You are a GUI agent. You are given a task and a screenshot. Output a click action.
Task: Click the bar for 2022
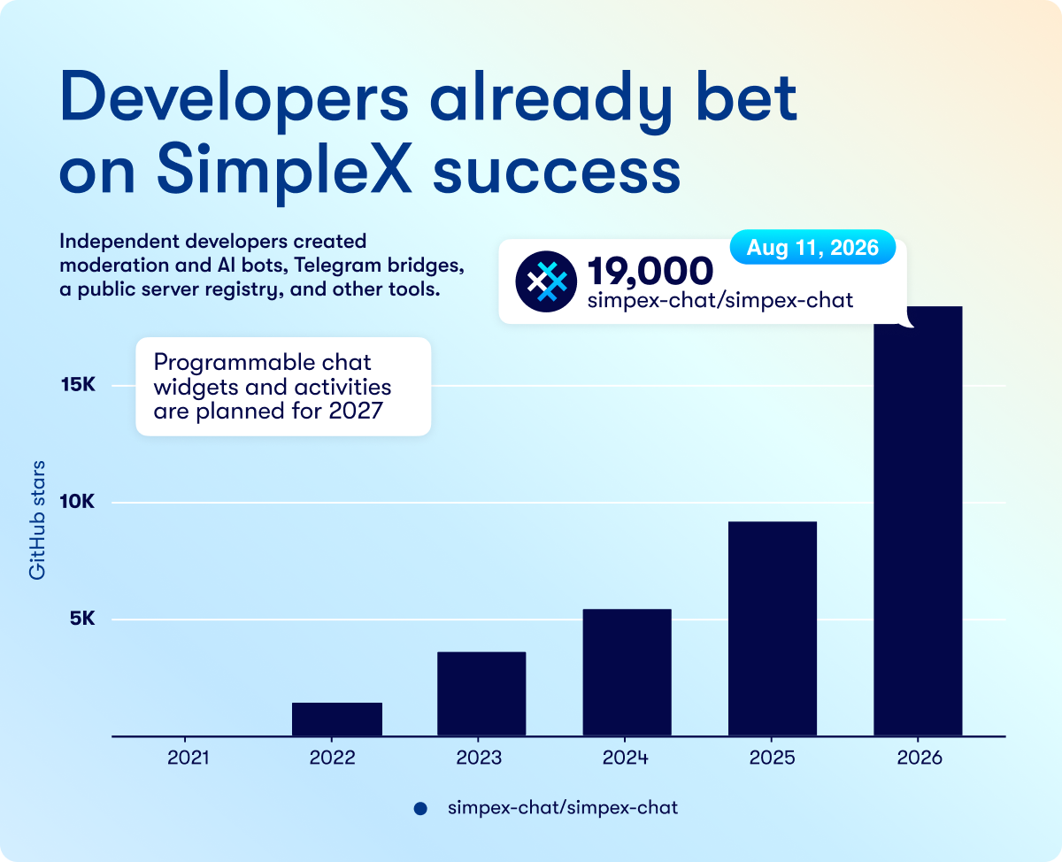coord(337,719)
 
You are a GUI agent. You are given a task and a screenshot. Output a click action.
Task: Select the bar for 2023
coord(481,694)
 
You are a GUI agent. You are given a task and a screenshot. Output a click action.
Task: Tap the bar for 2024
coord(627,672)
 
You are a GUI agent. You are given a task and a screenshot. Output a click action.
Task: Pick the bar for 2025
coord(773,628)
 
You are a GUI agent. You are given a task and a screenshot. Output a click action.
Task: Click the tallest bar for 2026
coord(918,521)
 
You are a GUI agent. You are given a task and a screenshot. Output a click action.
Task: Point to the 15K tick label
coord(78,384)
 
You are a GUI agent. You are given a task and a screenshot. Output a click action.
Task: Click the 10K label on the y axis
coord(77,502)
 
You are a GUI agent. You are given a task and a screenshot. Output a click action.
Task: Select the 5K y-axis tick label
coord(82,619)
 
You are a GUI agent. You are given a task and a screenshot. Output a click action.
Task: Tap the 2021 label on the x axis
coord(188,758)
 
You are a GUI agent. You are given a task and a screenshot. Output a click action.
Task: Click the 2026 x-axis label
coord(920,758)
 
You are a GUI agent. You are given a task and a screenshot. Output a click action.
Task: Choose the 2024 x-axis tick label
coord(625,758)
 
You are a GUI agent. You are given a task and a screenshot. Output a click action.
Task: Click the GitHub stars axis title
coord(37,520)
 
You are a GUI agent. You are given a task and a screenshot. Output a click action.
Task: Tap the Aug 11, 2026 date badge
coord(812,247)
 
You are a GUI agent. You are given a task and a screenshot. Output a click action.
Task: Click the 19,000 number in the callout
coord(650,271)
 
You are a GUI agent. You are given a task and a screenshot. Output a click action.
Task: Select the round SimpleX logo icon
coord(546,281)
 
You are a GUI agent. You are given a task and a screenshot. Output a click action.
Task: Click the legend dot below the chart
coord(420,809)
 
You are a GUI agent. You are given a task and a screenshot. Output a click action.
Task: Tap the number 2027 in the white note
coord(356,412)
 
